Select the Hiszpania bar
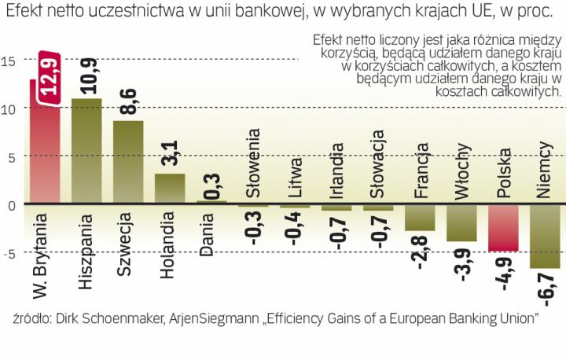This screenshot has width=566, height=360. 86,151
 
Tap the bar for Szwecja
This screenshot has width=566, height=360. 128,162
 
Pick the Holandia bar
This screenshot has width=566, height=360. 170,189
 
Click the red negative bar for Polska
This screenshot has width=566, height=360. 503,227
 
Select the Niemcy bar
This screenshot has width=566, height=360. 545,236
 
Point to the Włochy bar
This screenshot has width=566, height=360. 461,222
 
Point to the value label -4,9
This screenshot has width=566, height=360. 504,271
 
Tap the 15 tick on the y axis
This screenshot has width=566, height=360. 9,61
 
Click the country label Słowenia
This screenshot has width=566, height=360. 253,171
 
